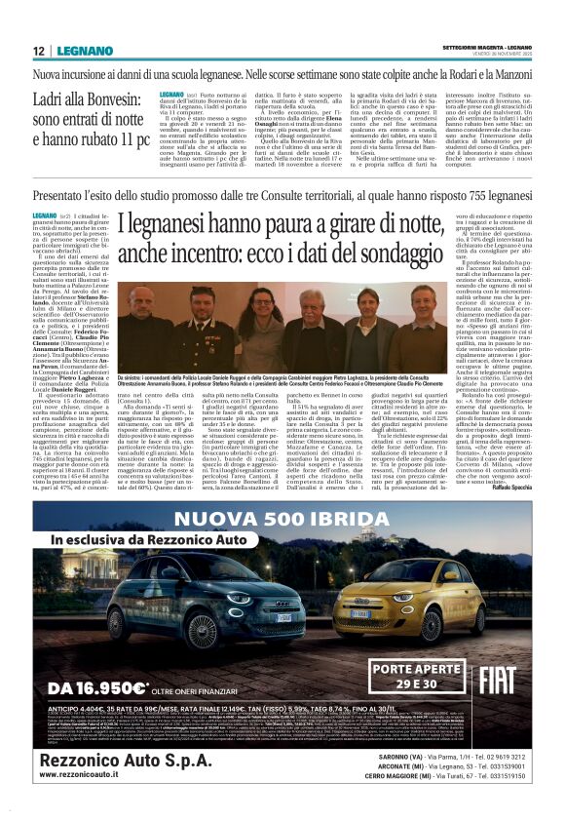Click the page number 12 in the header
(39, 50)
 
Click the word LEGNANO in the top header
(84, 50)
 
